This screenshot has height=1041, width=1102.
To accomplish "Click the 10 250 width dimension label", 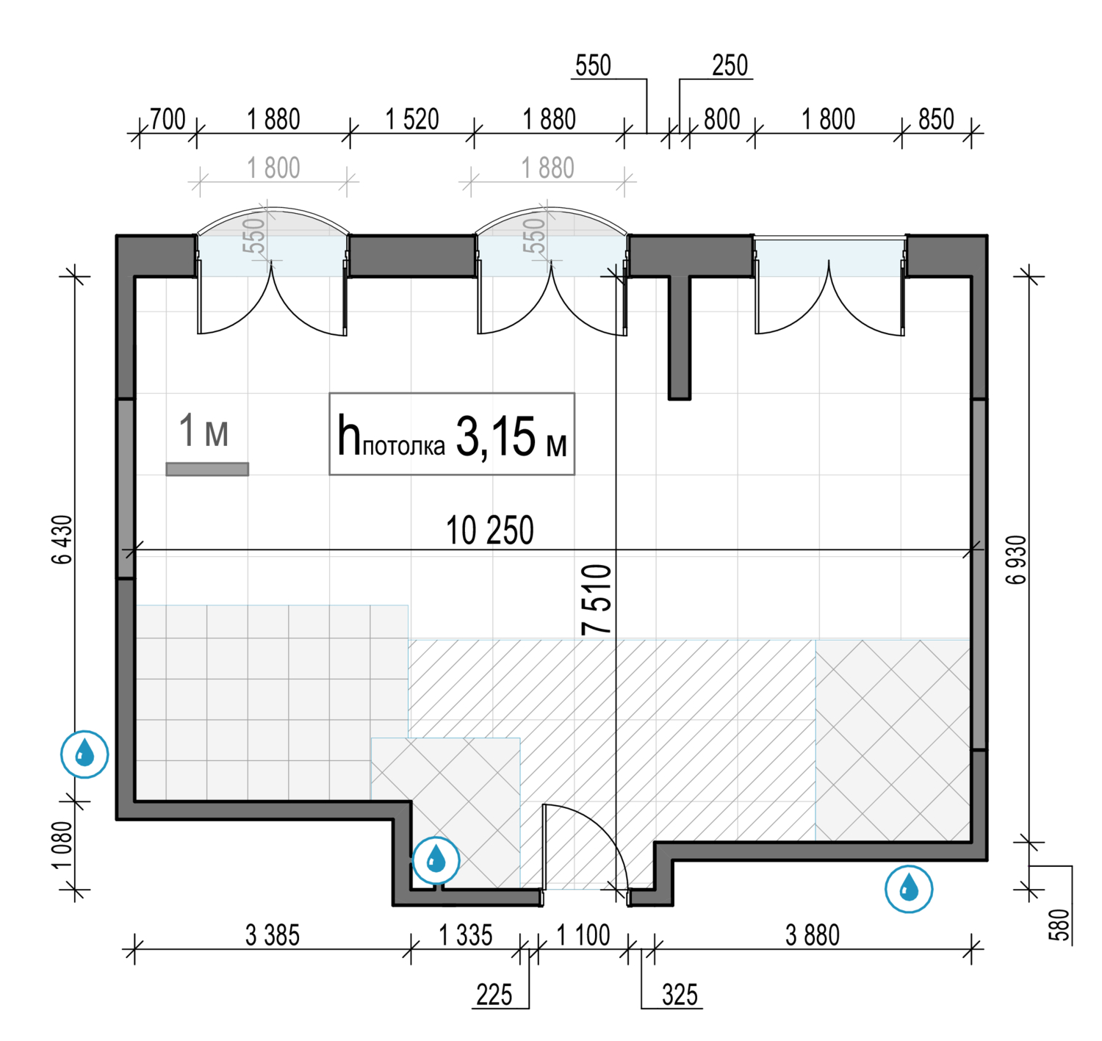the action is (x=490, y=530).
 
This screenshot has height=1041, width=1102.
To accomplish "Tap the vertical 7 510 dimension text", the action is (x=597, y=599).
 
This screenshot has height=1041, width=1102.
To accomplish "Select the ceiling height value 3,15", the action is (x=495, y=437).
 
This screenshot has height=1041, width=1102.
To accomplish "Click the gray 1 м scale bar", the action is (x=207, y=469).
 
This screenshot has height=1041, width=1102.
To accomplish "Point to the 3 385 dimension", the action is (x=273, y=935).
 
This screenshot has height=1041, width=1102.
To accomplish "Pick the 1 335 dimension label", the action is (x=466, y=935).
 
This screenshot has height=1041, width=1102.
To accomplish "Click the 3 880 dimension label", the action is (x=813, y=935).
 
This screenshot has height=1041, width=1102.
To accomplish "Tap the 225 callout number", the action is (x=494, y=995).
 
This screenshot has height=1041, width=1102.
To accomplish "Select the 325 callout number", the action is (x=680, y=995).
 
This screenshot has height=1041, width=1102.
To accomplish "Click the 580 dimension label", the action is (x=1059, y=925).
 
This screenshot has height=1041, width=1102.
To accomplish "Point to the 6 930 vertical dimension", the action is (x=1017, y=560).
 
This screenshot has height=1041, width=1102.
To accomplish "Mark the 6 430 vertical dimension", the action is (x=62, y=540).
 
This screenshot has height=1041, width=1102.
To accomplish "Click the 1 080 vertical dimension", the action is (x=62, y=845).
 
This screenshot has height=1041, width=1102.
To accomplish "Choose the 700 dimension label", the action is (x=168, y=119).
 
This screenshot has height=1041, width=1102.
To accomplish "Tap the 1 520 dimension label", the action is (x=412, y=119).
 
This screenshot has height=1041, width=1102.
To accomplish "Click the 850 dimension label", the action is (x=936, y=119).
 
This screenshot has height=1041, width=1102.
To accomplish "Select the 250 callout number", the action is (x=730, y=65).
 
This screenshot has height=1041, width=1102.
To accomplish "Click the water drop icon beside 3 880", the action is (x=909, y=889).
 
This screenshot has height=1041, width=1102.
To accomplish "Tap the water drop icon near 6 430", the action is (x=85, y=754).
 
